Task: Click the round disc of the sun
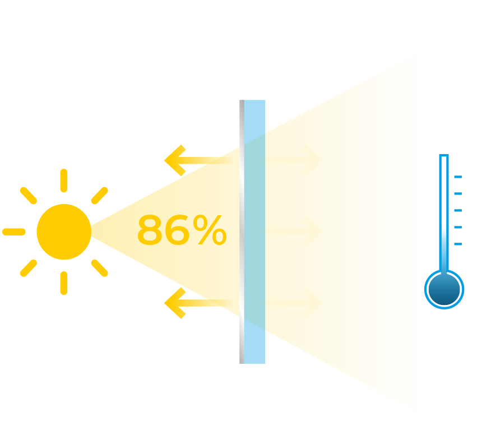[64, 232]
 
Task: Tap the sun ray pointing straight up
[64, 181]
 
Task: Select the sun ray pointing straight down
[64, 283]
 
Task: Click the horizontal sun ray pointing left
[14, 232]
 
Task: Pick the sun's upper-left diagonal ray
[29, 196]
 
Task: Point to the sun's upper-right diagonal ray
[99, 196]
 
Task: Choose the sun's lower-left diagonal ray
[29, 267]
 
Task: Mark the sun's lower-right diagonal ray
[99, 267]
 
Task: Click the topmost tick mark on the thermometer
[458, 177]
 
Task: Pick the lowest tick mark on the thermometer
[458, 244]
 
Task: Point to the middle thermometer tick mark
[458, 211]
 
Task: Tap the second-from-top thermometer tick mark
[458, 194]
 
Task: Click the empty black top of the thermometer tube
[444, 167]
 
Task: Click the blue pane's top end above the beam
[255, 115]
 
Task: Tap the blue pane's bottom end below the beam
[255, 348]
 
